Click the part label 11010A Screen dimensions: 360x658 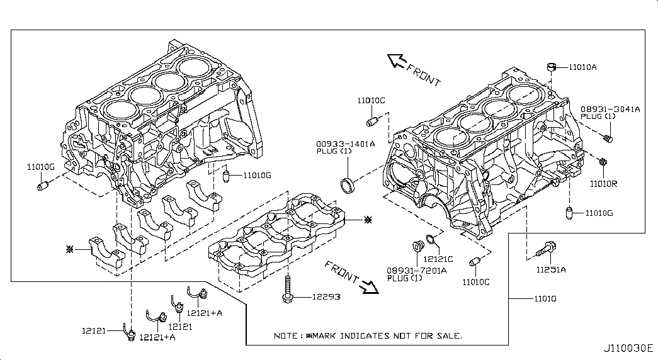(x=582, y=66)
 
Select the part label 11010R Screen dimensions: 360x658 (x=603, y=184)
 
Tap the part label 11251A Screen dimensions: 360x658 (x=551, y=270)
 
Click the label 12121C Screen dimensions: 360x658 (x=438, y=259)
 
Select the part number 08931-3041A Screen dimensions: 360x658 (x=610, y=109)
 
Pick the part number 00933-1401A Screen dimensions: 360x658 (x=346, y=143)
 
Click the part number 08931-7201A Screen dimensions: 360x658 (x=417, y=270)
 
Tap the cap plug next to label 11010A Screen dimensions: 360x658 (x=551, y=66)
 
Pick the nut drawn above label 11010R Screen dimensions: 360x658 (x=602, y=162)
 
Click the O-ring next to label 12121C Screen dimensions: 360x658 (x=430, y=239)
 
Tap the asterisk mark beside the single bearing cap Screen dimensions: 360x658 (x=71, y=250)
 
